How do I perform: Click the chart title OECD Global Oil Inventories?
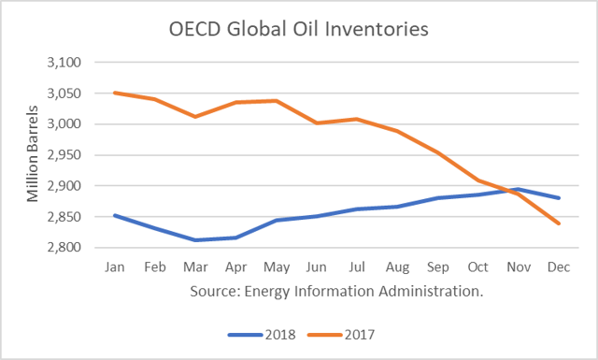point(299,29)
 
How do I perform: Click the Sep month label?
point(439,266)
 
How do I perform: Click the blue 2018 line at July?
point(357,209)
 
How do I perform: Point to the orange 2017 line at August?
point(398,131)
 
